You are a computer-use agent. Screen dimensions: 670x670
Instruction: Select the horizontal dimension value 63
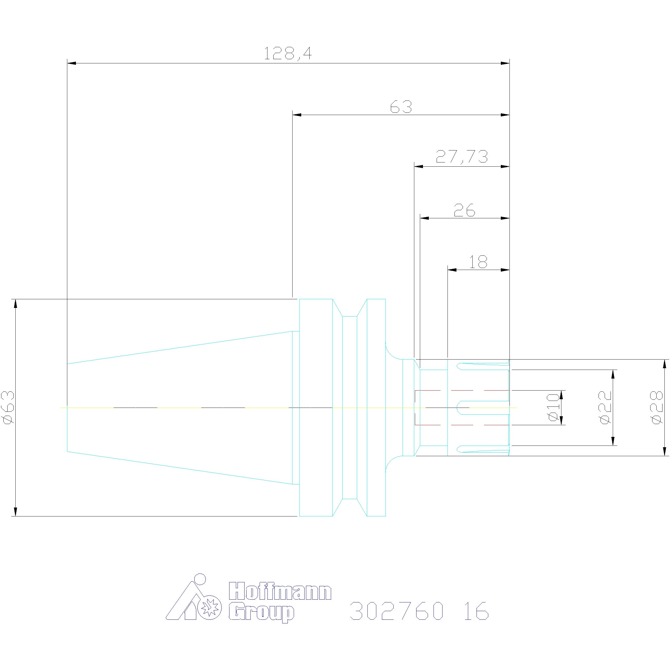click(x=401, y=107)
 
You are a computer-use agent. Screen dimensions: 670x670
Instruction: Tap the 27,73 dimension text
click(x=461, y=157)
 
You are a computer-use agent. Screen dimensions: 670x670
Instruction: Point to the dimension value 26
click(x=464, y=210)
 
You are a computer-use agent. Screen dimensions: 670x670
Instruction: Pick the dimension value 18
click(x=478, y=262)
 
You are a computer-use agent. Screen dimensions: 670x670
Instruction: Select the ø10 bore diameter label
click(x=554, y=408)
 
